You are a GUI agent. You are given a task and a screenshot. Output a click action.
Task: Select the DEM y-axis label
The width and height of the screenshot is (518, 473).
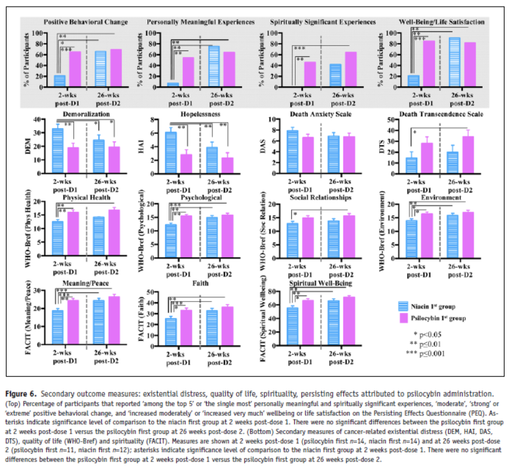(26, 146)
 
